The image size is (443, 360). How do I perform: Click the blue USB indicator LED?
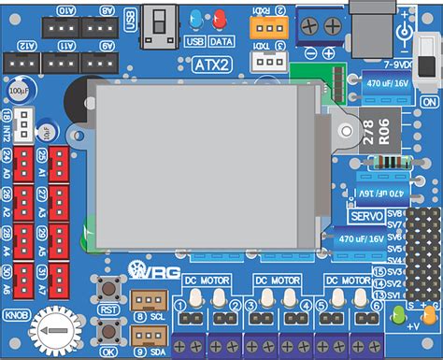click(x=195, y=20)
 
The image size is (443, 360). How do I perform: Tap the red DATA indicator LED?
click(x=221, y=20)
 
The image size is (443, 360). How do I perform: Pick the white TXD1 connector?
click(x=269, y=60)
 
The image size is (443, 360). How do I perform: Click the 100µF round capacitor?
click(x=18, y=93)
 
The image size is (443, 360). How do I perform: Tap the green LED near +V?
click(x=399, y=313)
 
